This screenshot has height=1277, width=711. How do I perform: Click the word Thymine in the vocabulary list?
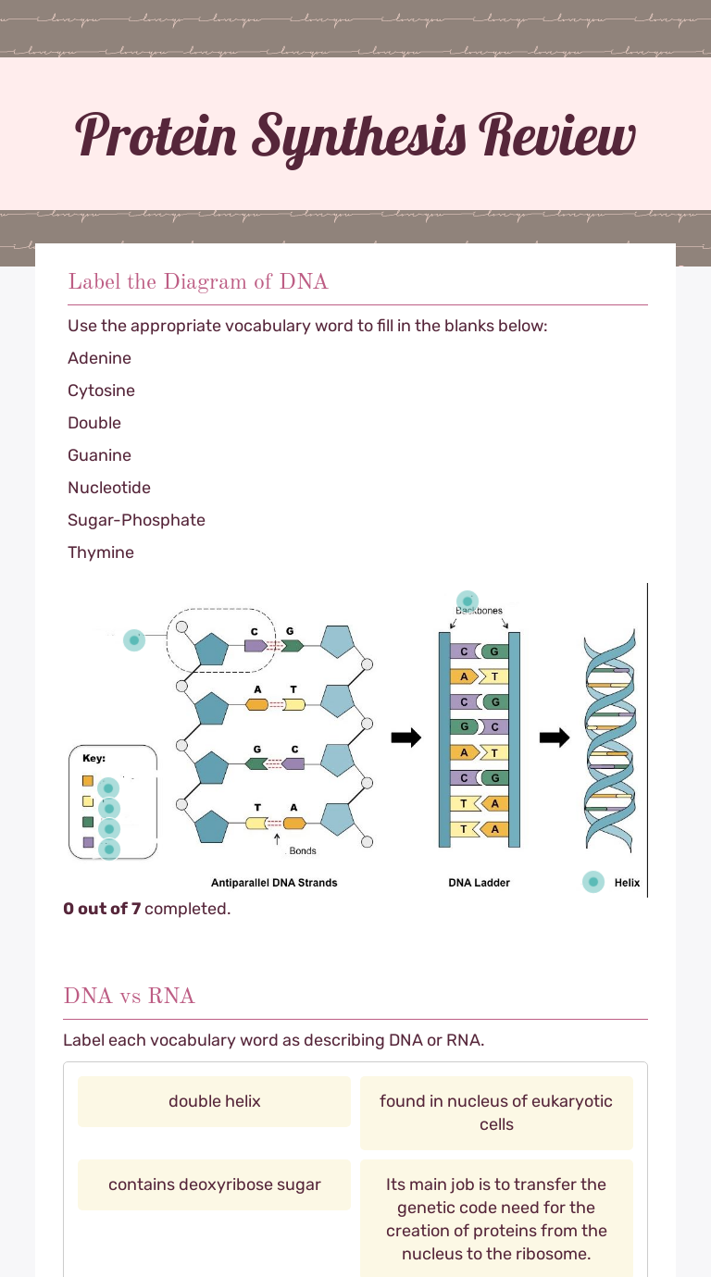101,552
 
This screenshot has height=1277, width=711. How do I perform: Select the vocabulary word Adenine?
99,358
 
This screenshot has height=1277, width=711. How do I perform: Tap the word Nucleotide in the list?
109,488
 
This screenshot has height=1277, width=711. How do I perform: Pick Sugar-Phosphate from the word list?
136,520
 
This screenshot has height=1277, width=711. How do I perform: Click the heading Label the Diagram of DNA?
197,281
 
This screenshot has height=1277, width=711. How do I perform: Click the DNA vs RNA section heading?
129,996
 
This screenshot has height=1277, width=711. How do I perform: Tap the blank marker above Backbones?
468,600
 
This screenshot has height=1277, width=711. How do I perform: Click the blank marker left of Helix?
593,882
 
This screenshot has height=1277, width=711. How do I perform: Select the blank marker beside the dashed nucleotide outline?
135,639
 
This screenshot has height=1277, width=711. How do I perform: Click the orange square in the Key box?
88,781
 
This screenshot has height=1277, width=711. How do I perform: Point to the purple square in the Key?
88,842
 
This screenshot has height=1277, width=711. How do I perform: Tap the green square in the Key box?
88,822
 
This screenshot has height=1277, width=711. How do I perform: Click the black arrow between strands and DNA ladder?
405,738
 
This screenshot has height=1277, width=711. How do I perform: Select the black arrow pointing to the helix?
555,738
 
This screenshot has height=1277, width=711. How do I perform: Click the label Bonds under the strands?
303,850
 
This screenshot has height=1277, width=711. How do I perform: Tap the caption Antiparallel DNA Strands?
274,883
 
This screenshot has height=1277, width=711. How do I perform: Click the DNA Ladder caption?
479,883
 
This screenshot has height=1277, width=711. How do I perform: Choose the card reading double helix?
214,1101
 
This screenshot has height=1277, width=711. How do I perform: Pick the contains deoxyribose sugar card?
214,1184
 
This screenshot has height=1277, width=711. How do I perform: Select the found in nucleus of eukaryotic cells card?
496,1112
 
